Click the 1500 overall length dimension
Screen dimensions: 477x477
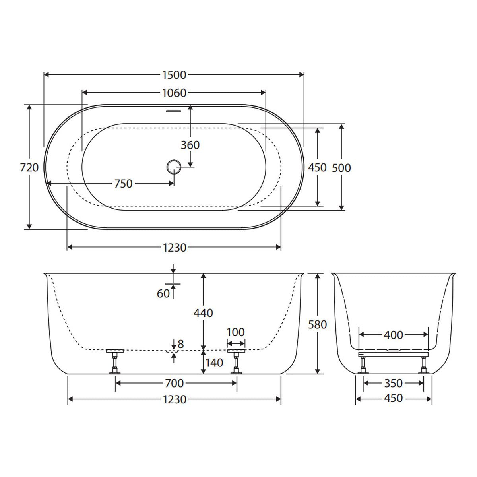(174, 75)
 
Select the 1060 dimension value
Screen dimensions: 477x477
(174, 93)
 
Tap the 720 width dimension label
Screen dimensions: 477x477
(29, 168)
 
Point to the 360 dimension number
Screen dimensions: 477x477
(190, 145)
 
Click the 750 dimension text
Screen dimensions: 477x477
(123, 184)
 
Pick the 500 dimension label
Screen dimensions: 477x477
(341, 168)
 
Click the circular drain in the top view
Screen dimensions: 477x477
(174, 167)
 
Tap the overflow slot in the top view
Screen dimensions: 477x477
(174, 111)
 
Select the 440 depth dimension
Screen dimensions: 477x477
(203, 313)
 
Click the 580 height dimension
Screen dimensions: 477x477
(318, 324)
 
